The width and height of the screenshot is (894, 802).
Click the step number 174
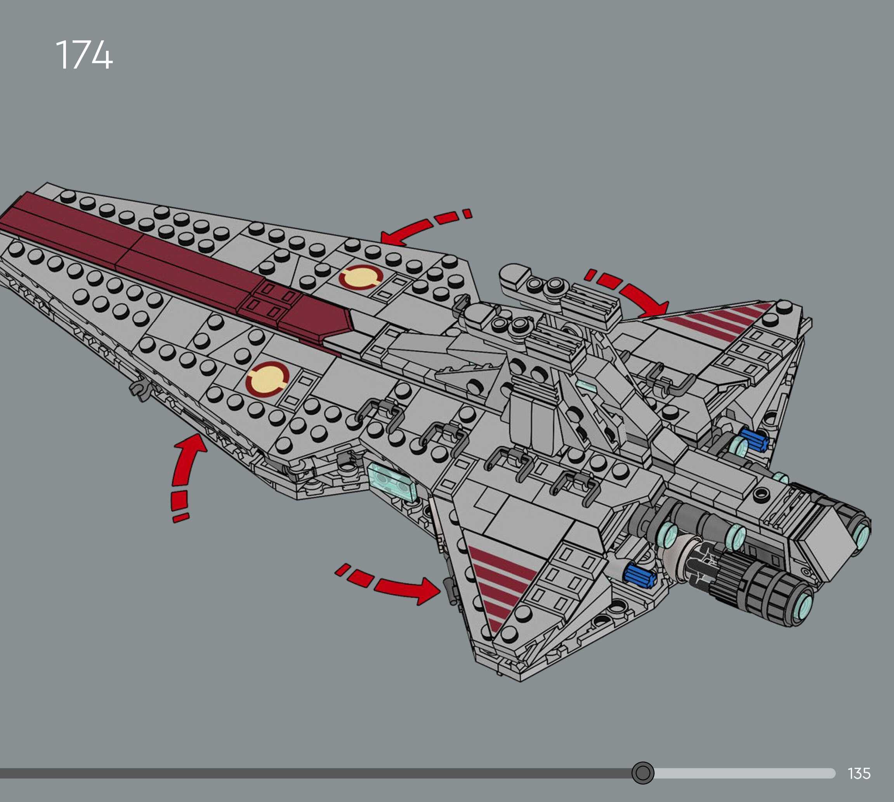[84, 55]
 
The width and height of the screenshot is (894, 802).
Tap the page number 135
[859, 773]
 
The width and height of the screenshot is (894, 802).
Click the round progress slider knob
[643, 773]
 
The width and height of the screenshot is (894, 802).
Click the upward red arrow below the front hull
[185, 471]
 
